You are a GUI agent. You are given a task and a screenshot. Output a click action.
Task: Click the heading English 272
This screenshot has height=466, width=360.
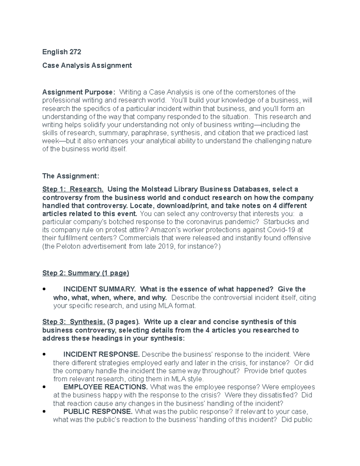[x=61, y=52]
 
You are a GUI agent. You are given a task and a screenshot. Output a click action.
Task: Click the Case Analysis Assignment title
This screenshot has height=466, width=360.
[x=87, y=65]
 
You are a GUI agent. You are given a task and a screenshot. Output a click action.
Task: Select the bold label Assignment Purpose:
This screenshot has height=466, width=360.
[x=78, y=92]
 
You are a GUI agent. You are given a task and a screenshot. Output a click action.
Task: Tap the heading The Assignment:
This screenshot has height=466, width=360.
[x=70, y=176]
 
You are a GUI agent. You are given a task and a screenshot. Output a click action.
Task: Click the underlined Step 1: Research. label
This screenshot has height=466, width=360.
[x=73, y=189]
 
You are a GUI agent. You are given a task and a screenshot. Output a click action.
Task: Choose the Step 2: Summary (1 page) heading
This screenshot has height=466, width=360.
[x=85, y=273]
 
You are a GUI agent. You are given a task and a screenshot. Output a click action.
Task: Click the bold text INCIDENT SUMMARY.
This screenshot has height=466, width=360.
[x=99, y=289]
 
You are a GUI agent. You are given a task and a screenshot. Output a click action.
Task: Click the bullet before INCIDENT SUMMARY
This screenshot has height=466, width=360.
[x=44, y=290]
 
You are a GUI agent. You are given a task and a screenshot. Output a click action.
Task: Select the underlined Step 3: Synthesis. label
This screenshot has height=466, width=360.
[x=73, y=322]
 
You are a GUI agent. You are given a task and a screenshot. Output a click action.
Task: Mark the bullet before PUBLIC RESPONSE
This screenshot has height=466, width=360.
[x=44, y=412]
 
